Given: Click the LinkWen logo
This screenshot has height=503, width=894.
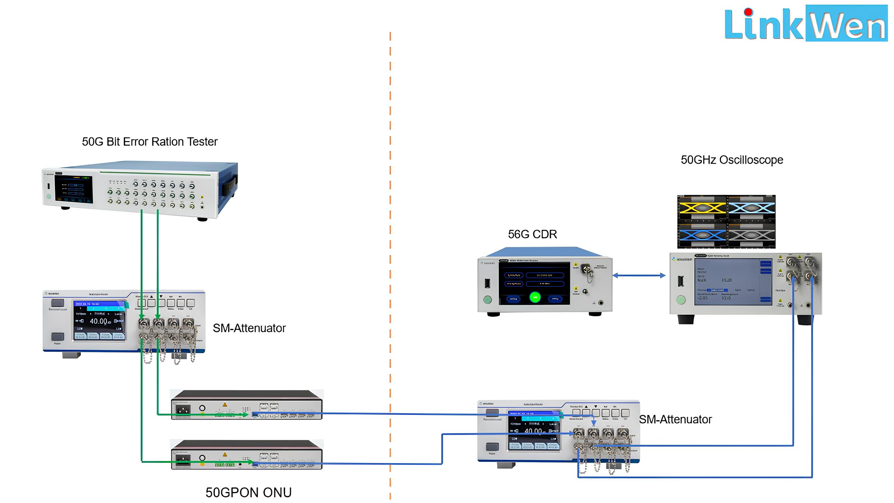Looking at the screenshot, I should pos(805,24).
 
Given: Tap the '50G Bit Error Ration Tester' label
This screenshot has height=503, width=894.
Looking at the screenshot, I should pos(150,141).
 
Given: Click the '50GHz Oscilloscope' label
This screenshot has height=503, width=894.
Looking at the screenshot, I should pos(732,160).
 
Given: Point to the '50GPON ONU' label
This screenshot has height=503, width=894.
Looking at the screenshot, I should pos(248,492).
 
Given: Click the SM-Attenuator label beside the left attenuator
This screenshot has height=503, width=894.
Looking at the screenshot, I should pos(249,328).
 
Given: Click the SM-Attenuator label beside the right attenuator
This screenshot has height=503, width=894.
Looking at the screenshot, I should pos(675,419).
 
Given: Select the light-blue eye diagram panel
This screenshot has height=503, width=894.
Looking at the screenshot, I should pos(751,208).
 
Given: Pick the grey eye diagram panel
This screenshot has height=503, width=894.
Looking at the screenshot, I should pos(751,235).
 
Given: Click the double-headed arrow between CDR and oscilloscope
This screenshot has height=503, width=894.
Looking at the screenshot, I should pos(639,275).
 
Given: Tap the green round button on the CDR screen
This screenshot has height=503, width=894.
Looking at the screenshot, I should pos(535,297).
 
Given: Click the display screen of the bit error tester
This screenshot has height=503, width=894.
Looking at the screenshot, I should pos(74,189).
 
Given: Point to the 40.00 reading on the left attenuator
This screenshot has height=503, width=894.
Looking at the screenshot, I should pos(98,321).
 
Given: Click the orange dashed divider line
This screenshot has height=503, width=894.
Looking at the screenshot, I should pos(390,264).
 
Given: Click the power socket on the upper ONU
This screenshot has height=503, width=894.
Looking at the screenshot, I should pos(183,409).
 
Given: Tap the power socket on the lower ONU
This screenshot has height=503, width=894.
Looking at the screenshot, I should pos(183,459).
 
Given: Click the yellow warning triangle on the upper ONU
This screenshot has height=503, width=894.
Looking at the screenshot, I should pos(225,405).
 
